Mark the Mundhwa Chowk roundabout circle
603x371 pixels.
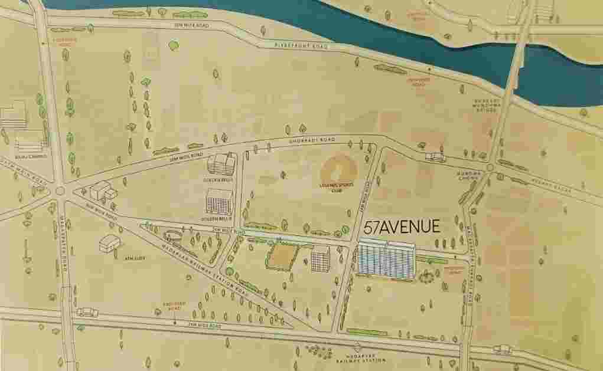tap(490, 168)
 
